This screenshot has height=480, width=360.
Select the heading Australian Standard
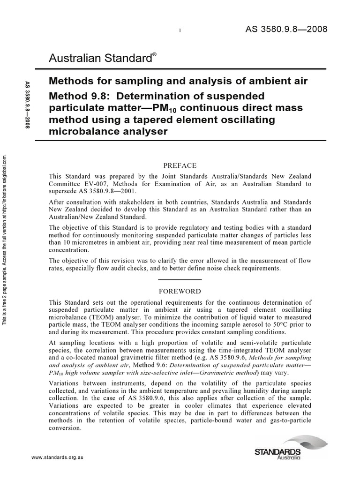(x=99, y=59)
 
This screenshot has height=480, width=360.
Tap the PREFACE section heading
(x=180, y=165)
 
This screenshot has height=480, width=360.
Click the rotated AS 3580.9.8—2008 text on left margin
(x=27, y=112)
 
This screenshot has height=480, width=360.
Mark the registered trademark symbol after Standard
(x=154, y=54)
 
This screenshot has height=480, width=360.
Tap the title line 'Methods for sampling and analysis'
(x=134, y=81)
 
